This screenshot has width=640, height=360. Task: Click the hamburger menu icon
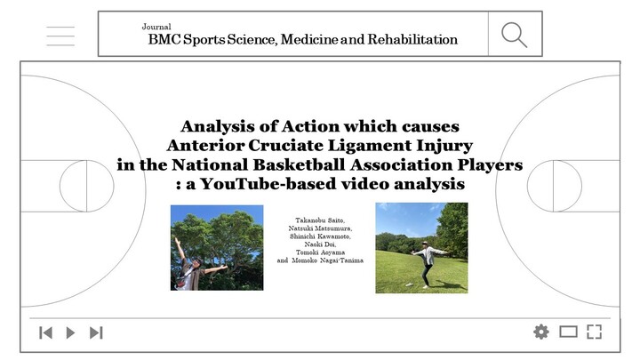(60, 36)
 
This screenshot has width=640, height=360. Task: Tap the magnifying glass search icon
(515, 35)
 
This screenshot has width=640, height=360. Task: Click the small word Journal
(156, 27)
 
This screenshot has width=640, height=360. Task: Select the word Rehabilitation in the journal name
(412, 39)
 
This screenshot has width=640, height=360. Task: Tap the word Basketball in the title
(300, 164)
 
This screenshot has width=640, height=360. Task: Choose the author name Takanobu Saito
(320, 220)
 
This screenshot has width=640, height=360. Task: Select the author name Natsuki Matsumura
(320, 228)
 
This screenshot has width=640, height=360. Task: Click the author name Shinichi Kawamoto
(320, 236)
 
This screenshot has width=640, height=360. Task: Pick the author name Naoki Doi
(320, 244)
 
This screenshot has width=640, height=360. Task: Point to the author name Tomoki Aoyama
(320, 252)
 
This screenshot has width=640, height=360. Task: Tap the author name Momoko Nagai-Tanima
(328, 260)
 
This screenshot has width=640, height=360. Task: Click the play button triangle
(70, 332)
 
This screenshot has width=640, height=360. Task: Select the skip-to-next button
(96, 332)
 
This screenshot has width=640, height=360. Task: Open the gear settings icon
(541, 332)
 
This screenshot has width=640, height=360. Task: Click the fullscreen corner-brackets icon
(595, 332)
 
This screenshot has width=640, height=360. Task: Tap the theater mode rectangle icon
(568, 332)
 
